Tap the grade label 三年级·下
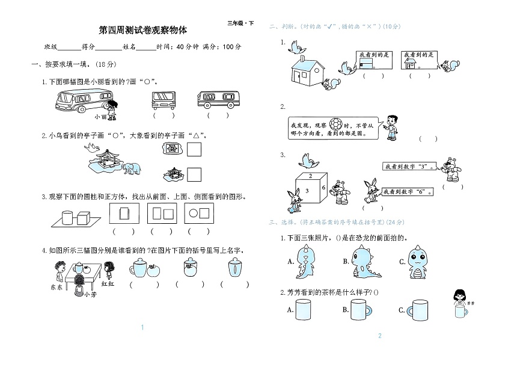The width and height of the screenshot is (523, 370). [240, 23]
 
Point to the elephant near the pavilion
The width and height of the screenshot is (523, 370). [132, 168]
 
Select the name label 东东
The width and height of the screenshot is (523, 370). [57, 287]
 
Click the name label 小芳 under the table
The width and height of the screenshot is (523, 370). [90, 294]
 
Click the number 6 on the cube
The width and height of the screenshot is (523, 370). [323, 188]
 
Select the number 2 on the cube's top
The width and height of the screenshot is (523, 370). [310, 176]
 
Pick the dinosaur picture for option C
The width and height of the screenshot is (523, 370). [421, 262]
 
